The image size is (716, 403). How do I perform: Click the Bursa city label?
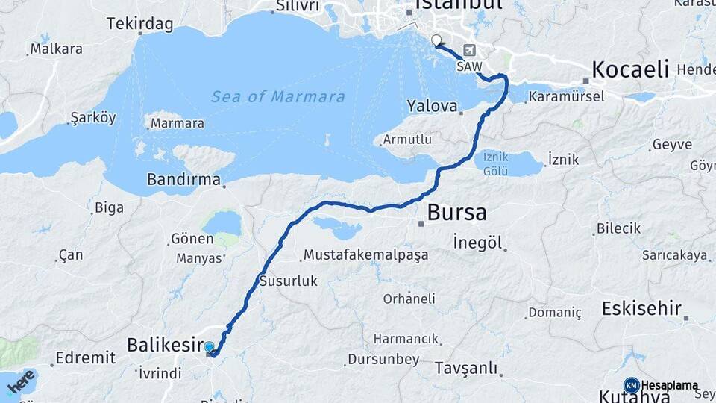pyautogui.click(x=456, y=213)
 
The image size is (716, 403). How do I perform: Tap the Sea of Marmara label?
pyautogui.click(x=277, y=96)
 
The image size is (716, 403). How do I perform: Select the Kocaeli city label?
pyautogui.click(x=629, y=70)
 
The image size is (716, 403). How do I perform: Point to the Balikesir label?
pyautogui.click(x=165, y=345)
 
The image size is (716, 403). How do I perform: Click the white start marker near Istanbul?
pyautogui.click(x=436, y=41)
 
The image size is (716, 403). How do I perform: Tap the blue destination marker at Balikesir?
pyautogui.click(x=210, y=347)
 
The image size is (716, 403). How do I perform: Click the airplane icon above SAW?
pyautogui.click(x=470, y=51)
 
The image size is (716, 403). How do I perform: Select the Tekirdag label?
pyautogui.click(x=140, y=24)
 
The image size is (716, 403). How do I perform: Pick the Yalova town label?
pyautogui.click(x=432, y=105)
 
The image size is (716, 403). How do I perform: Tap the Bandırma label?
pyautogui.click(x=183, y=180)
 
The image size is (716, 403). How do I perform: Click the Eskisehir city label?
pyautogui.click(x=641, y=307)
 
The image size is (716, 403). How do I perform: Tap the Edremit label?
pyautogui.click(x=86, y=357)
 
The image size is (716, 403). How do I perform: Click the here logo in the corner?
pyautogui.click(x=21, y=382)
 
